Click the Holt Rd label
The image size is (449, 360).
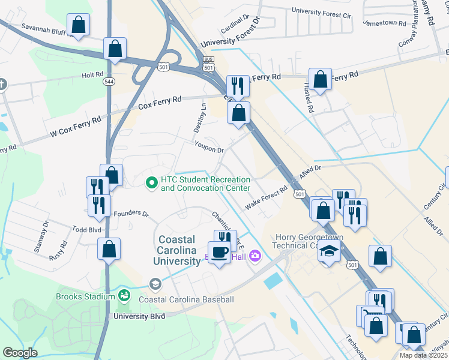coord(93,76)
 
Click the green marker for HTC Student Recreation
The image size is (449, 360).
coord(152,181)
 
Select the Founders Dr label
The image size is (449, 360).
coord(130,213)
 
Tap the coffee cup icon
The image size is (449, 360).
coord(218,252)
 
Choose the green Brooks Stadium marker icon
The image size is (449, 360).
coord(124,296)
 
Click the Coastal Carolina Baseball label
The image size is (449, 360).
coord(186,299)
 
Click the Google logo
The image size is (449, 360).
coord(20,353)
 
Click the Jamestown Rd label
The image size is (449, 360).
coord(385,23)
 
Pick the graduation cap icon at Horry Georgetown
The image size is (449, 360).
coord(329,253)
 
